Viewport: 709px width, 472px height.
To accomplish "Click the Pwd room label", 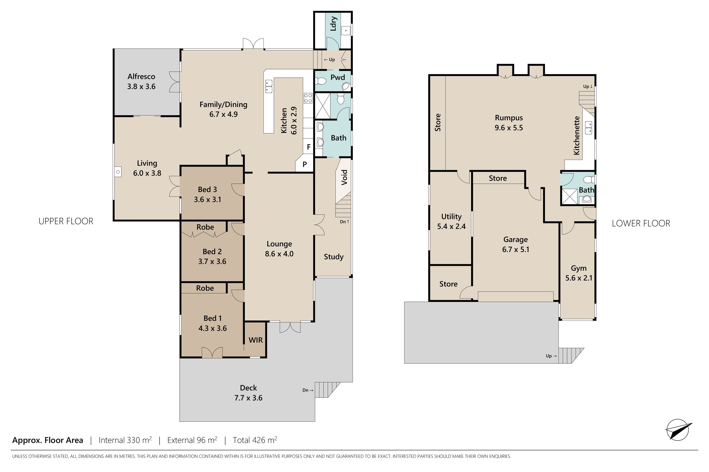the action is coord(338,77).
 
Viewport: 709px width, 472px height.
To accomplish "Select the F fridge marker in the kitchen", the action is coord(309,147).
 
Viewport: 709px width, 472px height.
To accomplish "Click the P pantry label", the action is coord(305,164).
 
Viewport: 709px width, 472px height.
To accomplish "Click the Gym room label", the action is coord(579,268).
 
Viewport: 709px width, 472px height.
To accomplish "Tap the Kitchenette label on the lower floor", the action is coord(576,136).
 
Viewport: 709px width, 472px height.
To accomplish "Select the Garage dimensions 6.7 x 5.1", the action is coord(516,249).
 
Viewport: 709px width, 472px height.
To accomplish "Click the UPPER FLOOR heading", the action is coord(66,221).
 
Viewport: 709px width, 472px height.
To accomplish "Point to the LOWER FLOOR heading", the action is coord(641,223).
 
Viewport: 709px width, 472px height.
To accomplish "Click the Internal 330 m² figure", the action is coord(125,440).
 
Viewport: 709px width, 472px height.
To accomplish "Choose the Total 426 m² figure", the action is coord(255,440).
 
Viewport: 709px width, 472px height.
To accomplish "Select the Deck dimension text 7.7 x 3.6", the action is coord(248,398).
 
